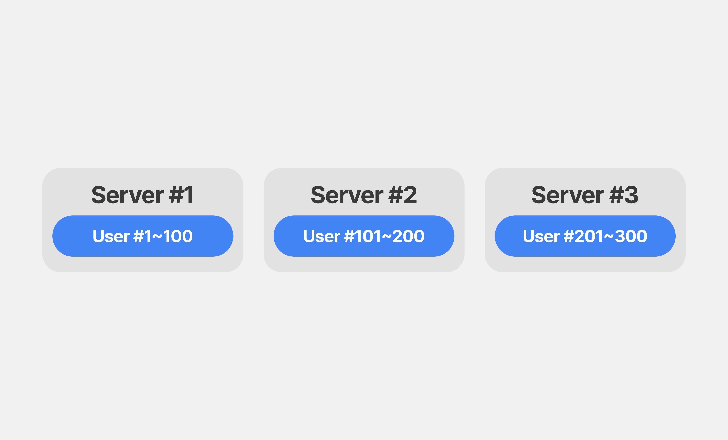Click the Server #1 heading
tap(142, 195)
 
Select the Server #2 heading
tap(364, 195)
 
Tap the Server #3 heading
tap(585, 195)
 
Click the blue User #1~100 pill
tap(143, 236)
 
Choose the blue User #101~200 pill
tap(364, 236)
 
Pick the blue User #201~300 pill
tap(585, 236)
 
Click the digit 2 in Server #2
tap(410, 195)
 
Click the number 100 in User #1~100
tap(178, 236)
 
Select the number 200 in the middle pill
tap(409, 236)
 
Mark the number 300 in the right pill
tap(631, 236)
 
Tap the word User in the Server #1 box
tap(111, 236)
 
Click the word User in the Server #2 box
tap(322, 236)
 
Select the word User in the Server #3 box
tap(541, 236)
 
